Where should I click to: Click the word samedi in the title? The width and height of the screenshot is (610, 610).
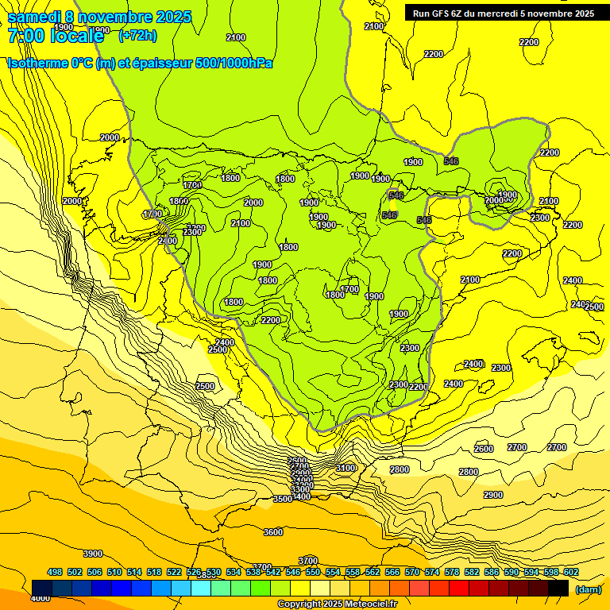click(36, 17)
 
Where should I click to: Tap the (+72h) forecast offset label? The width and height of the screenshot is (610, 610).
click(137, 35)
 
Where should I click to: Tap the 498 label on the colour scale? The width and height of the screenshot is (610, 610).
click(55, 572)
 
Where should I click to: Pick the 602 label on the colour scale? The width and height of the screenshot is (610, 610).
click(570, 572)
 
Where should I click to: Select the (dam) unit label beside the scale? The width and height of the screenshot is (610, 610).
click(588, 589)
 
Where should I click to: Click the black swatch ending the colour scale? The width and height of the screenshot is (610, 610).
click(558, 589)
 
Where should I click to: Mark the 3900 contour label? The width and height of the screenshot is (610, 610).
click(93, 554)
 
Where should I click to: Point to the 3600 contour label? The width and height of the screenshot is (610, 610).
click(272, 532)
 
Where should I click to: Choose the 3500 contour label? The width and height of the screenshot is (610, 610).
click(283, 499)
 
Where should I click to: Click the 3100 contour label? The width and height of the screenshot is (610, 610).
click(346, 468)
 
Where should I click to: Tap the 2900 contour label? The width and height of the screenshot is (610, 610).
click(493, 495)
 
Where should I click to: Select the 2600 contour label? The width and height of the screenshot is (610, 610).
click(484, 449)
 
